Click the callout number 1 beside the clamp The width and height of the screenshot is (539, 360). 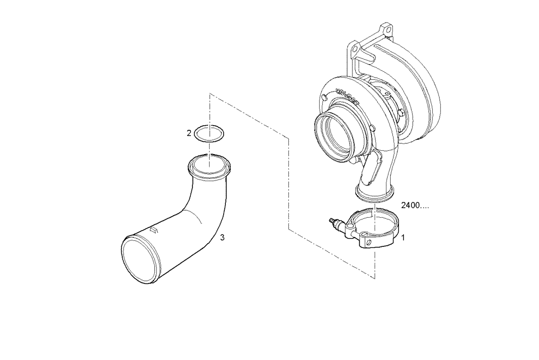(403, 237)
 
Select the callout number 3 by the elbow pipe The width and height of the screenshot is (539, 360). (222, 237)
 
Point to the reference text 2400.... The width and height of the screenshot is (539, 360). (415, 206)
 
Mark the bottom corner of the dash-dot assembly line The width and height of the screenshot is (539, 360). (374, 278)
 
